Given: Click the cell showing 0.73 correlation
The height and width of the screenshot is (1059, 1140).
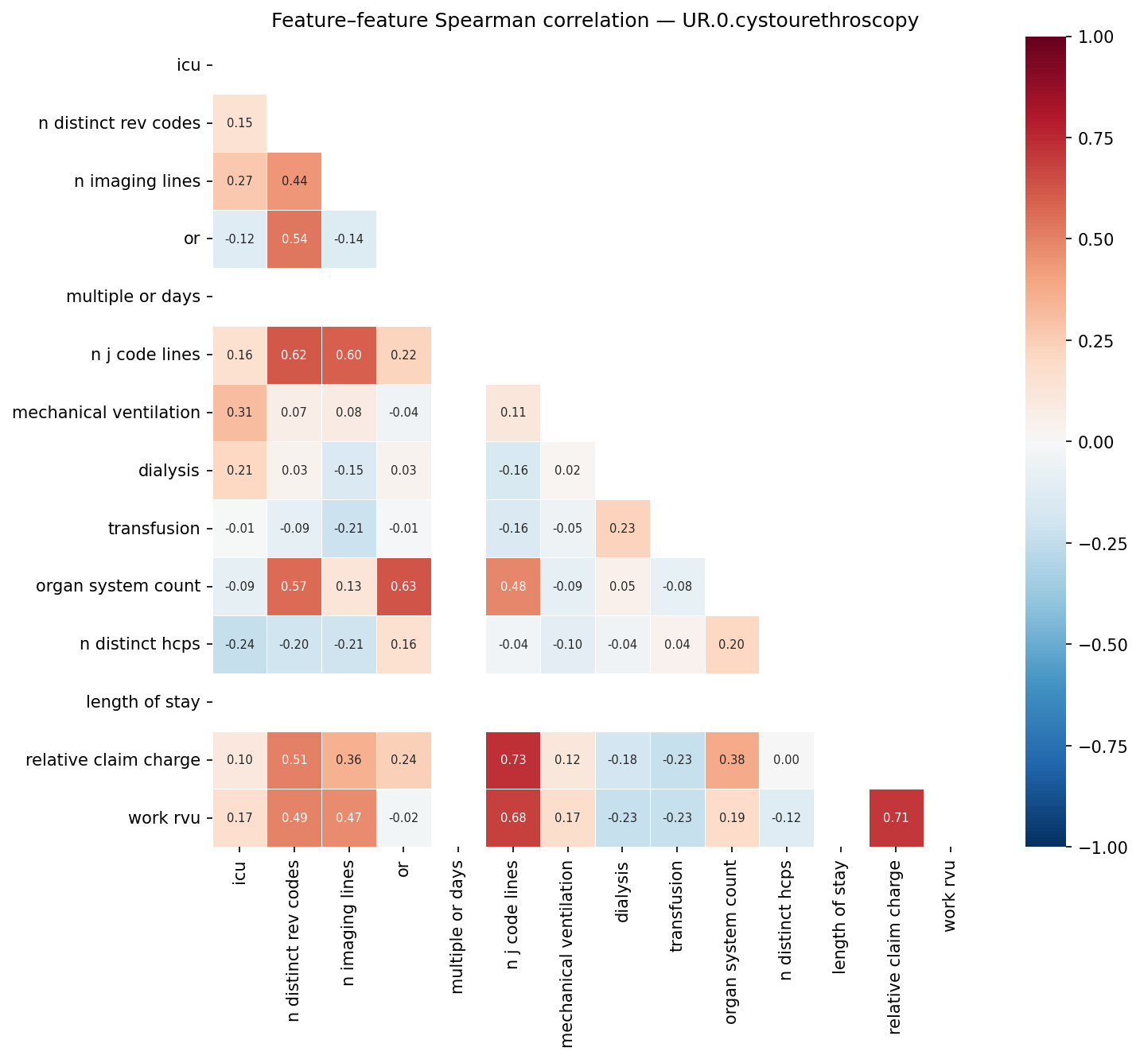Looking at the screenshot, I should point(513,760).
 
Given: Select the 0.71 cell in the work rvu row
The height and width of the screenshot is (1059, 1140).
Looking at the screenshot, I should point(897,818).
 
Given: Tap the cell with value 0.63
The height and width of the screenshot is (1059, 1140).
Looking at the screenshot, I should point(403,587).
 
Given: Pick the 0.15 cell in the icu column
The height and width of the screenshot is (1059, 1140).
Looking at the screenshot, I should point(239,123).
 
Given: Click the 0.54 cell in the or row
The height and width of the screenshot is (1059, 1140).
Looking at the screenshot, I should point(294,239).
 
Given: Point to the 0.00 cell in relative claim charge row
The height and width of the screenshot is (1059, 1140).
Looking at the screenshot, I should point(786,760).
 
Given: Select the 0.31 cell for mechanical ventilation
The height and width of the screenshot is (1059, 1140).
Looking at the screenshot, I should point(239,413).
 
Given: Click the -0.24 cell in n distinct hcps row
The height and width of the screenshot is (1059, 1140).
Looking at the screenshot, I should point(239,645).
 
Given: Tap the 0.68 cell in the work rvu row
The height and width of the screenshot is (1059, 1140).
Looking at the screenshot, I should point(513,818).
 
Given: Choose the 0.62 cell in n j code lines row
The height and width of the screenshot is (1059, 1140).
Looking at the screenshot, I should point(294,355).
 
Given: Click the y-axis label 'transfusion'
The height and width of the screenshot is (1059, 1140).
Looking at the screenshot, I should point(154,529).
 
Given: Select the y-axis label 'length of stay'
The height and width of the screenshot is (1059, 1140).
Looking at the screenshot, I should point(142,702).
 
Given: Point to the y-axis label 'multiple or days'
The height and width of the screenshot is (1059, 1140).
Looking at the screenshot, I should point(133,297).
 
